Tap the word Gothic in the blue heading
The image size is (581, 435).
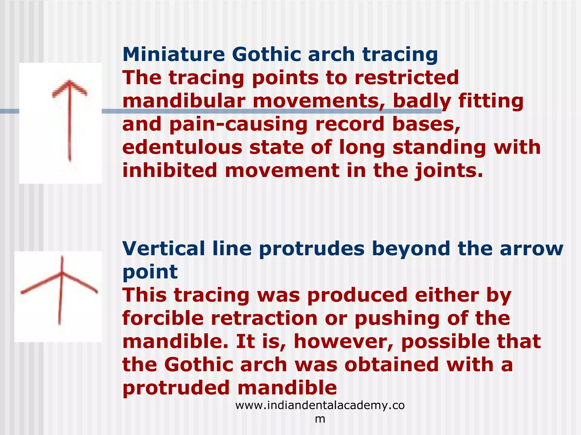(x=266, y=54)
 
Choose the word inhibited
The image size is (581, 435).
(x=170, y=171)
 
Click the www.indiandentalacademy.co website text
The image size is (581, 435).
(x=320, y=406)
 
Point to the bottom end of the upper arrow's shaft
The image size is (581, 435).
(x=70, y=160)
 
